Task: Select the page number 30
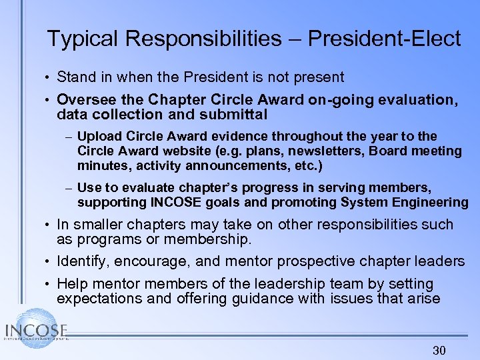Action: (439, 351)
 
